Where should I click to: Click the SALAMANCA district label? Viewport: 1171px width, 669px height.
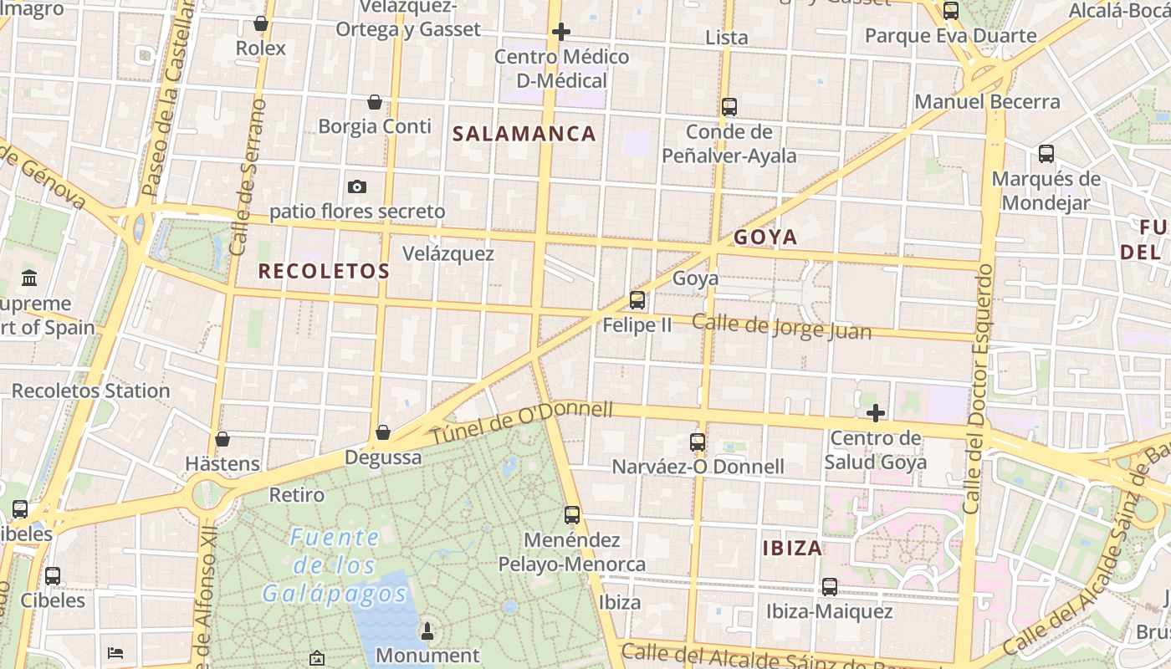pyautogui.click(x=524, y=134)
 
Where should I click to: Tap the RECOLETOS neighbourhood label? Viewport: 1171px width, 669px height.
pyautogui.click(x=324, y=271)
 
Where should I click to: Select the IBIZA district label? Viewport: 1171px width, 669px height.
pyautogui.click(x=792, y=549)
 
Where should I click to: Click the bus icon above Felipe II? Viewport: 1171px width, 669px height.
pyautogui.click(x=637, y=300)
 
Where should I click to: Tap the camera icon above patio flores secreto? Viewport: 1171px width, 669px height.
pyautogui.click(x=357, y=186)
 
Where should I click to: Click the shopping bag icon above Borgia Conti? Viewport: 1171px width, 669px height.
pyautogui.click(x=375, y=102)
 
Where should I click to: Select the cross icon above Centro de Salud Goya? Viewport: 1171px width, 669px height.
pyautogui.click(x=876, y=413)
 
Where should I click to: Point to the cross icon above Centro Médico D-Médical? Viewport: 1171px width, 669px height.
pyautogui.click(x=561, y=33)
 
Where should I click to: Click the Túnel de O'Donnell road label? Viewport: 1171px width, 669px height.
pyautogui.click(x=522, y=421)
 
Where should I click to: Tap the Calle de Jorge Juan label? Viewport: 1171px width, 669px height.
pyautogui.click(x=781, y=326)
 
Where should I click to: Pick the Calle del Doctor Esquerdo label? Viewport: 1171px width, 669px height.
pyautogui.click(x=978, y=388)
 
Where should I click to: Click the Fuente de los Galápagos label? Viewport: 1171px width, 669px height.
pyautogui.click(x=335, y=566)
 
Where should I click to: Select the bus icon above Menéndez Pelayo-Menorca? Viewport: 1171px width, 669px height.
pyautogui.click(x=572, y=515)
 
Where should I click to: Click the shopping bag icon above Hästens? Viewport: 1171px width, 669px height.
pyautogui.click(x=222, y=439)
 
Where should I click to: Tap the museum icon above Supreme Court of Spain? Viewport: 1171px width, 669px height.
pyautogui.click(x=30, y=278)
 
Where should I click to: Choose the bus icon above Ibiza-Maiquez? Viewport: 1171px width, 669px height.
pyautogui.click(x=829, y=587)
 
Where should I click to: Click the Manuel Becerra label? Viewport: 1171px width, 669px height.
pyautogui.click(x=987, y=102)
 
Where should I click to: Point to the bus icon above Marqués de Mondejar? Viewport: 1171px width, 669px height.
pyautogui.click(x=1046, y=154)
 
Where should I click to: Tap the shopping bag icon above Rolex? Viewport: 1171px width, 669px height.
pyautogui.click(x=261, y=23)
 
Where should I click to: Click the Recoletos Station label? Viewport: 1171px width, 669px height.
pyautogui.click(x=90, y=391)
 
